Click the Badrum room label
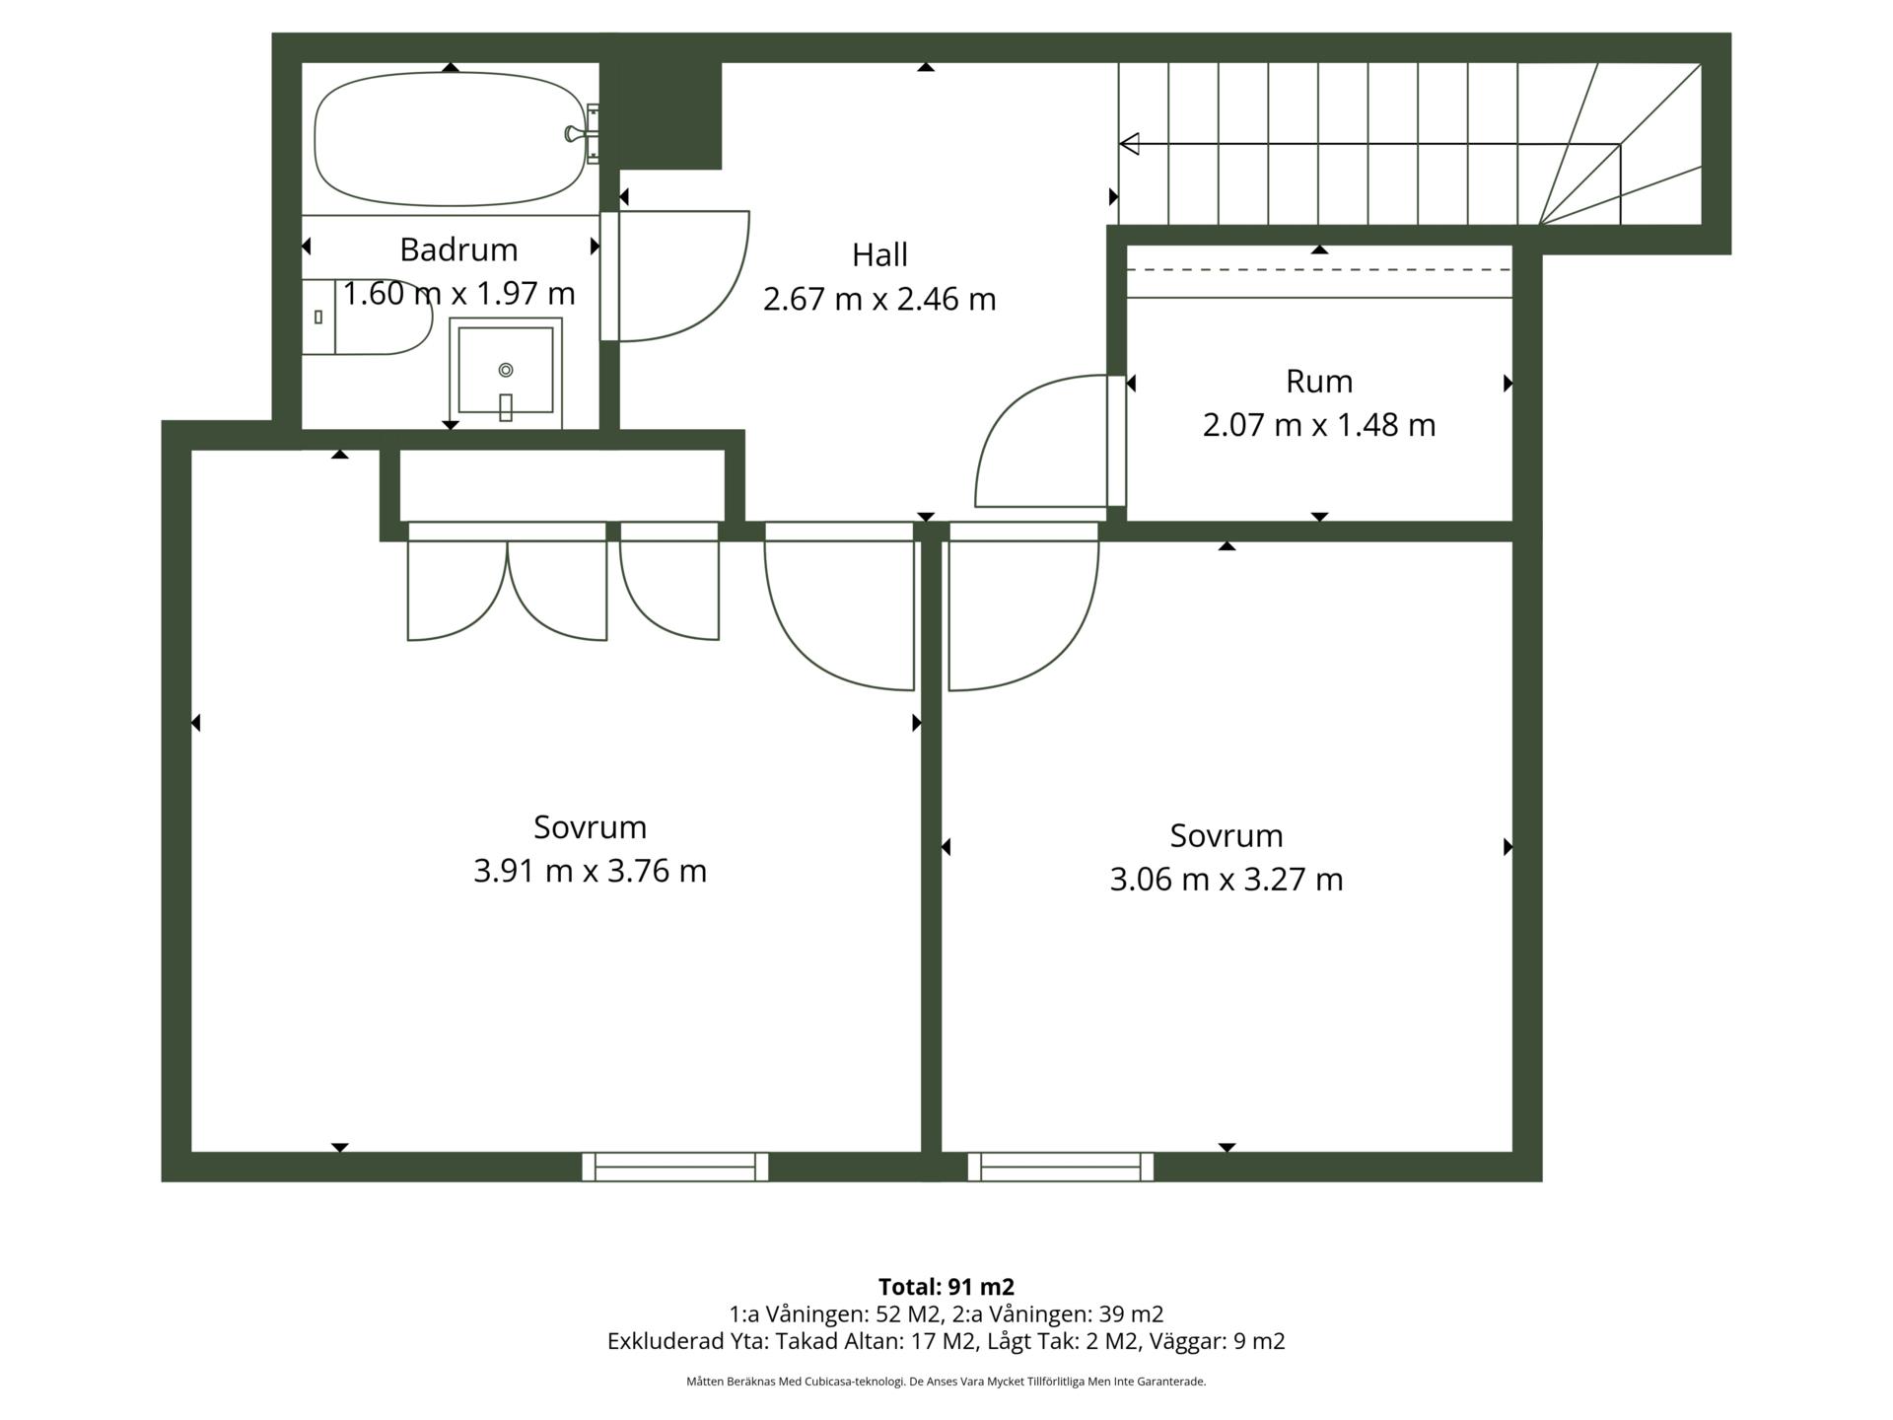coord(458,249)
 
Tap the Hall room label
coord(879,254)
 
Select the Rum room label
coord(1319,381)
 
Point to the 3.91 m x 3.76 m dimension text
coord(590,871)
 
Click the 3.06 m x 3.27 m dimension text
coord(1227,879)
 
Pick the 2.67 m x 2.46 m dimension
coord(879,299)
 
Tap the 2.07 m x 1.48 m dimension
coord(1319,425)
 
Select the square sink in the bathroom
coord(506,373)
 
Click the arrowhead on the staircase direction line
coord(1130,144)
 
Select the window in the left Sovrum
coord(675,1167)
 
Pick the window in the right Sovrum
coord(1061,1167)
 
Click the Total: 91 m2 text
coord(946,1287)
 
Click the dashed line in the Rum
coord(1319,269)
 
